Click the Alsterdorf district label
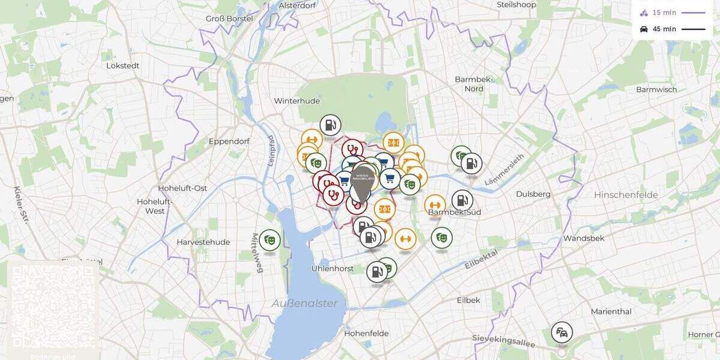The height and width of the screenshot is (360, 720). [x=298, y=5]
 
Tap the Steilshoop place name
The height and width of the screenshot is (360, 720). [x=516, y=5]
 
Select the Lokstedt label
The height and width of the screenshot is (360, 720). [x=124, y=65]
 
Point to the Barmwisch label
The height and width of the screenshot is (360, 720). [x=656, y=89]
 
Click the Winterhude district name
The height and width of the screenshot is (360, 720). [x=297, y=101]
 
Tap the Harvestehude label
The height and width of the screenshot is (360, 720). [x=203, y=242]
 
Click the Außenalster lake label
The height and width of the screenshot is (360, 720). [x=304, y=303]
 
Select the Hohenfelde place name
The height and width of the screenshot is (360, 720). [x=366, y=333]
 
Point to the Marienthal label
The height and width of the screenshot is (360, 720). [x=611, y=311]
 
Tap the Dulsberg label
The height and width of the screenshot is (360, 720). [x=533, y=194]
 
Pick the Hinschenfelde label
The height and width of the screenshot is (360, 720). [x=626, y=195]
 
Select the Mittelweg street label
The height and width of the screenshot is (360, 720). [x=258, y=253]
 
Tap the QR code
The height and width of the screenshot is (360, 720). [x=53, y=307]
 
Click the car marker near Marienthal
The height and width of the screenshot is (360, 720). [x=562, y=332]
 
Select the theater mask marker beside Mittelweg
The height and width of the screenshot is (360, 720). [x=270, y=240]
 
